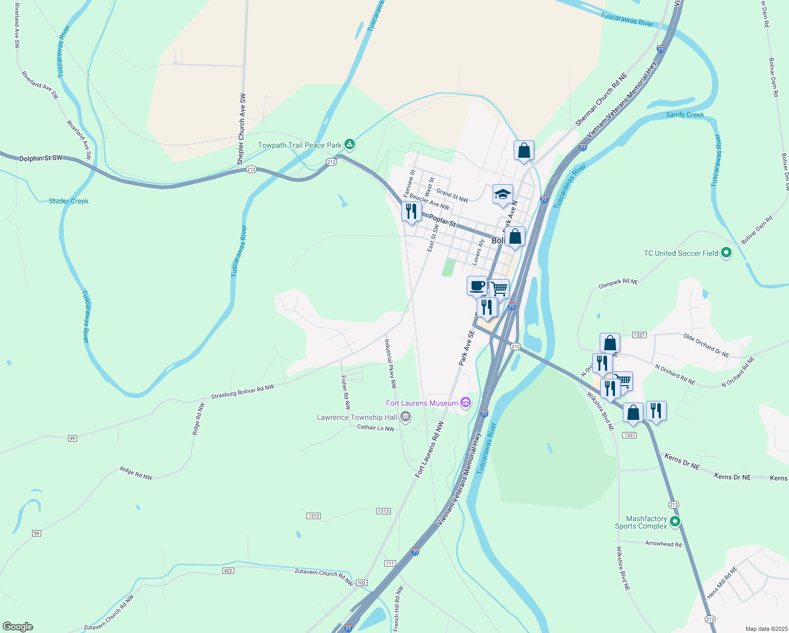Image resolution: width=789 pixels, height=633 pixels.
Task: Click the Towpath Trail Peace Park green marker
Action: tap(349, 144)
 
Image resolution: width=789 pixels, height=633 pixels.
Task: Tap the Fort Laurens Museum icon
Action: tap(466, 403)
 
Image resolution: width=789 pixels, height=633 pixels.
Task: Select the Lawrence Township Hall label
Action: tap(357, 417)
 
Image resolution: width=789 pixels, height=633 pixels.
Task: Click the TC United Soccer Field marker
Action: tap(726, 253)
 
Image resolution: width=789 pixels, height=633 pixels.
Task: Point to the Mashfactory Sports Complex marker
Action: tap(675, 522)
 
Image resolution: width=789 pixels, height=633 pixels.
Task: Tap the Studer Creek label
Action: tap(69, 201)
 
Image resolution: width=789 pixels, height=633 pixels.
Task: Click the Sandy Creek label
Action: tap(685, 114)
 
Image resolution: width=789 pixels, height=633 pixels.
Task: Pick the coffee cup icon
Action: tap(477, 286)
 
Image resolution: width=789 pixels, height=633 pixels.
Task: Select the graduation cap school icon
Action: tap(503, 194)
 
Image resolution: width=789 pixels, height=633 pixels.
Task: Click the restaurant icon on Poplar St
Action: tap(411, 211)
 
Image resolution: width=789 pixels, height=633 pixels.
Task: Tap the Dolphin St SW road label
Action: tap(41, 158)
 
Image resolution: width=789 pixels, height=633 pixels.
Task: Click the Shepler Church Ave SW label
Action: tap(242, 130)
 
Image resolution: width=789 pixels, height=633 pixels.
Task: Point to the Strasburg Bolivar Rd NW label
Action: tap(243, 392)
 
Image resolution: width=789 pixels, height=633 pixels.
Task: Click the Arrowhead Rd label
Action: tap(663, 544)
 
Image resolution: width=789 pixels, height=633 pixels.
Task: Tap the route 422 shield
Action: tap(228, 571)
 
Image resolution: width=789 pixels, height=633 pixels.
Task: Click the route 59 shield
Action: tap(36, 533)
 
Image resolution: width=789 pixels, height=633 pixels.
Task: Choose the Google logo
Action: tap(18, 627)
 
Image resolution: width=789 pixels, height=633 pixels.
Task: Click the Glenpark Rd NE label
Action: tap(618, 283)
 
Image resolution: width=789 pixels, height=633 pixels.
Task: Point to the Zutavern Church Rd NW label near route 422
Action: tap(324, 577)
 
